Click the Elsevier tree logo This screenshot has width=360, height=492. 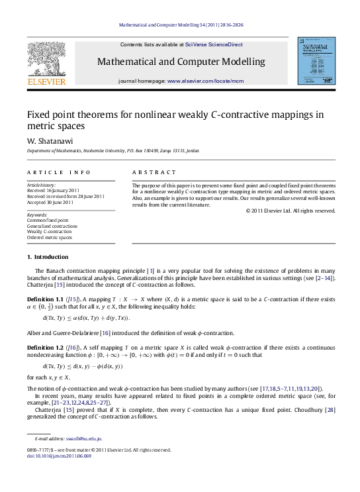[x=46, y=60]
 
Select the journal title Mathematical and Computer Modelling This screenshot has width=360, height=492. [x=181, y=62]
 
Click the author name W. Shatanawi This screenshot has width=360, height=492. [x=44, y=140]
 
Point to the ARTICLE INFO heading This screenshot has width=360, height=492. [x=53, y=172]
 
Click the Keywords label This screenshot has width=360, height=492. [x=36, y=215]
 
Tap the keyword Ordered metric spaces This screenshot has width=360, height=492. [x=50, y=236]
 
